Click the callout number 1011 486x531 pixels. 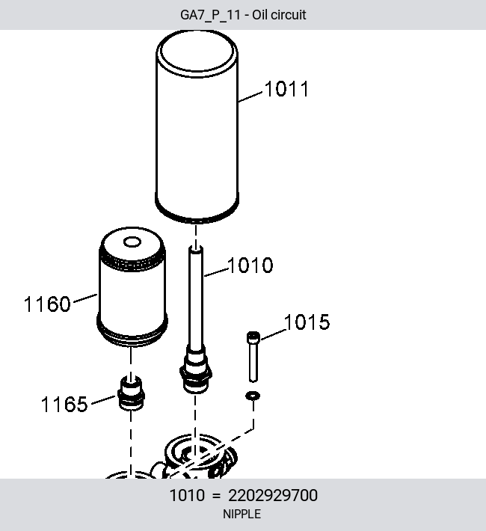(x=286, y=89)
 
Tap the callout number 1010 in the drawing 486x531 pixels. (x=250, y=265)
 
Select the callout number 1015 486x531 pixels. (x=307, y=322)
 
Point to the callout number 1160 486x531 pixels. (x=47, y=304)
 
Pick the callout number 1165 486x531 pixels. (x=64, y=404)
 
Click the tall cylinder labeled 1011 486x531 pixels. (x=197, y=127)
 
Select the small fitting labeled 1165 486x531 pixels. (x=131, y=393)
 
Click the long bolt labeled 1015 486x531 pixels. (x=253, y=357)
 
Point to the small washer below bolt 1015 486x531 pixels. (x=253, y=396)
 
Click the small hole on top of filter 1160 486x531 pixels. (x=132, y=242)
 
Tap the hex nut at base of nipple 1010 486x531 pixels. (x=196, y=372)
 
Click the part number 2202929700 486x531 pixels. (x=273, y=495)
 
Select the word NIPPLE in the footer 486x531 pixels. (x=242, y=514)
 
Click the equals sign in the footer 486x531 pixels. (x=216, y=496)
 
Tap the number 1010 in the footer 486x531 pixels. (x=187, y=495)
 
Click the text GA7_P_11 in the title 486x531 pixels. (x=210, y=15)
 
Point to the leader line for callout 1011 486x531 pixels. (x=250, y=96)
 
